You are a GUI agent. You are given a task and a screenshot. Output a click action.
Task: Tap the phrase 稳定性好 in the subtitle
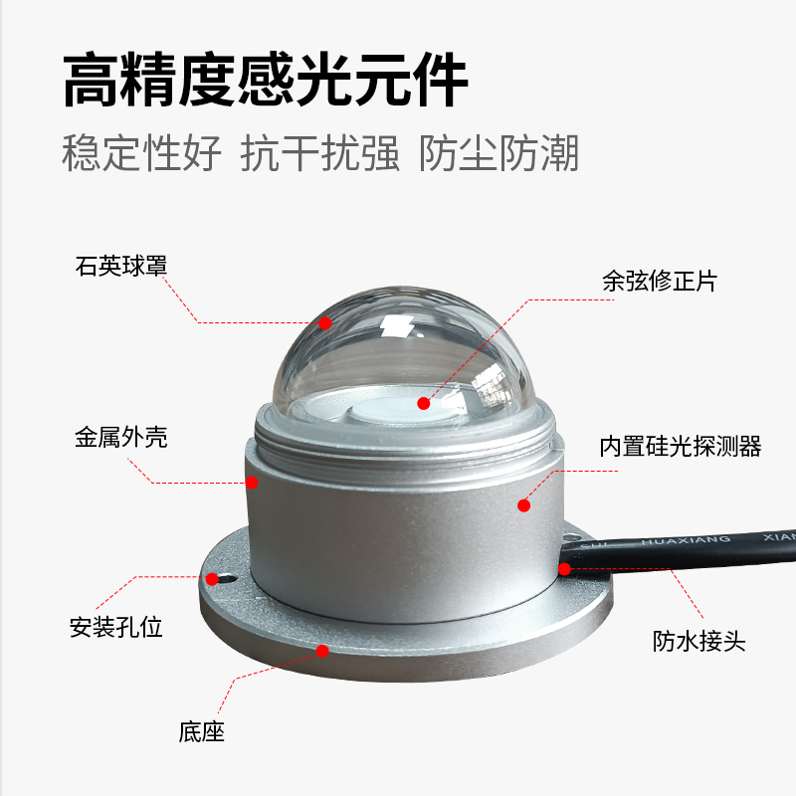142,154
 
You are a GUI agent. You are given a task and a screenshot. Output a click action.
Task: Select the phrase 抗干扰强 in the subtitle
320,154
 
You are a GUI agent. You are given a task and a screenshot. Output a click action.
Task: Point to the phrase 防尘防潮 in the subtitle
499,154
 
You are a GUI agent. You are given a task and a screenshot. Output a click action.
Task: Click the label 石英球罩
121,267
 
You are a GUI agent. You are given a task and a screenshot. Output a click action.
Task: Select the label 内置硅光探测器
681,446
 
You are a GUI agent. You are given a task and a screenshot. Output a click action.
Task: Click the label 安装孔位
115,628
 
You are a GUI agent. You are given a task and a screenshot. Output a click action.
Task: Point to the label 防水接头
699,641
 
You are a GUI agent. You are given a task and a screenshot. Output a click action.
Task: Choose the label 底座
202,733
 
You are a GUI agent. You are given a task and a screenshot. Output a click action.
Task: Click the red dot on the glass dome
324,322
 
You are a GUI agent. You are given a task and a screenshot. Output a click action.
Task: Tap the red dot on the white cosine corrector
424,404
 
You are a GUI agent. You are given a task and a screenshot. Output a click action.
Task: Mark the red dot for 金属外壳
252,483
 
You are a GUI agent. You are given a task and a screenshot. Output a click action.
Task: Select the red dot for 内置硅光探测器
523,505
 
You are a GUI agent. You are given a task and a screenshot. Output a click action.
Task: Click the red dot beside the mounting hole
211,578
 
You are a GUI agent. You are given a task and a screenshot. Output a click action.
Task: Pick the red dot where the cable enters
564,569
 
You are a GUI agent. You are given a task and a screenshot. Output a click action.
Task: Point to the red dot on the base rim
321,650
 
